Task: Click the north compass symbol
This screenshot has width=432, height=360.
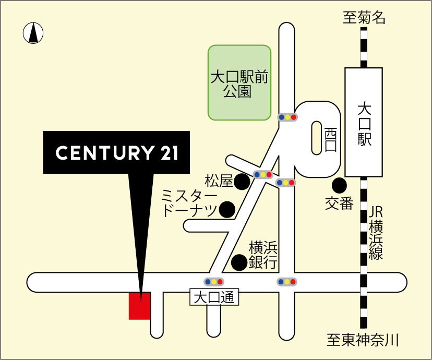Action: click(x=33, y=33)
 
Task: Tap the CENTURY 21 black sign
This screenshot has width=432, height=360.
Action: click(x=116, y=152)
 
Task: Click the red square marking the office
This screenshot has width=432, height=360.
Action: click(x=140, y=306)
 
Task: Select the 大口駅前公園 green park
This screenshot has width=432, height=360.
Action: click(x=239, y=82)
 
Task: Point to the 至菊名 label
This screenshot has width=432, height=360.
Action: click(x=364, y=18)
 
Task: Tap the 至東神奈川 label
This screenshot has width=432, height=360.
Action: click(x=363, y=341)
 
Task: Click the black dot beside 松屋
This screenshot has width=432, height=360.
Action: click(x=242, y=182)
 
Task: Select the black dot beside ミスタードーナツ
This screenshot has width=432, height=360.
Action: click(x=227, y=210)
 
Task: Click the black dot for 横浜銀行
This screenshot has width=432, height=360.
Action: click(x=239, y=262)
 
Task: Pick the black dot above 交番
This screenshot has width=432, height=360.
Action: click(x=339, y=185)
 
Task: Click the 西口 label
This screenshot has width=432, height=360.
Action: click(x=330, y=139)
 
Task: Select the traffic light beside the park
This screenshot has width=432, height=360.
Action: click(x=287, y=117)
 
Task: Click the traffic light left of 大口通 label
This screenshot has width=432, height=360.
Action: click(x=214, y=282)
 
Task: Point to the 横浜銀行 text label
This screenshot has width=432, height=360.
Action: click(x=262, y=254)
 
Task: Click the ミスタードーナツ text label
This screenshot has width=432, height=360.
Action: click(x=189, y=203)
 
